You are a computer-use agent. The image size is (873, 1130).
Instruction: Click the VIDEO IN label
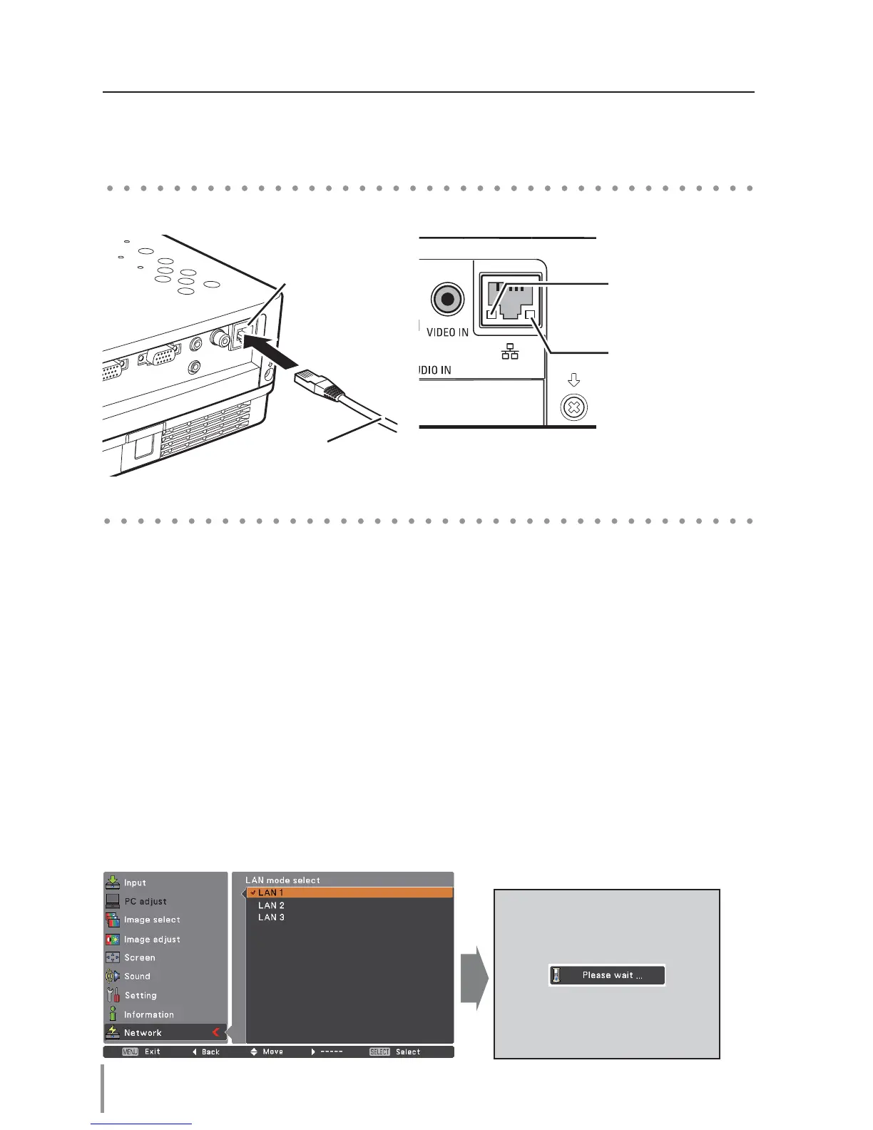pyautogui.click(x=447, y=332)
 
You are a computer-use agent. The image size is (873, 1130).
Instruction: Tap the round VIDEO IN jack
pyautogui.click(x=447, y=299)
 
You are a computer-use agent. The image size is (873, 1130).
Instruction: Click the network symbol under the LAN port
pyautogui.click(x=510, y=351)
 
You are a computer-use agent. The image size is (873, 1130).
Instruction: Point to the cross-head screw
pyautogui.click(x=574, y=409)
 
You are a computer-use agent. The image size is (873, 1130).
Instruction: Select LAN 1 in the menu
pyautogui.click(x=271, y=892)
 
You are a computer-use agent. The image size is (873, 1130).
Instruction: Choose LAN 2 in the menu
pyautogui.click(x=271, y=905)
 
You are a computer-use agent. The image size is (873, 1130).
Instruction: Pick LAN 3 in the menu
pyautogui.click(x=271, y=917)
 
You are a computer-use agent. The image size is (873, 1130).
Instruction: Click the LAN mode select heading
pyautogui.click(x=282, y=880)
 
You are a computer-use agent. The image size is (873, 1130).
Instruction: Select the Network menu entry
pyautogui.click(x=143, y=1032)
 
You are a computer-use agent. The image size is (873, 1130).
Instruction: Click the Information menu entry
pyautogui.click(x=148, y=1014)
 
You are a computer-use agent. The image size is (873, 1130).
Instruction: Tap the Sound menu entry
pyautogui.click(x=137, y=976)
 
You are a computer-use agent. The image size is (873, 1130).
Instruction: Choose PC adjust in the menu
pyautogui.click(x=145, y=901)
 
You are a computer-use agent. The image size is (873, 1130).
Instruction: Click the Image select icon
pyautogui.click(x=113, y=920)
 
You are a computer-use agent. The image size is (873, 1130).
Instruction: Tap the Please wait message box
pyautogui.click(x=607, y=975)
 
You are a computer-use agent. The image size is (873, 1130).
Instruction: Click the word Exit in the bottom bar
pyautogui.click(x=153, y=1052)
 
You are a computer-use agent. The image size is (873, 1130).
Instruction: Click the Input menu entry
pyautogui.click(x=135, y=882)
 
